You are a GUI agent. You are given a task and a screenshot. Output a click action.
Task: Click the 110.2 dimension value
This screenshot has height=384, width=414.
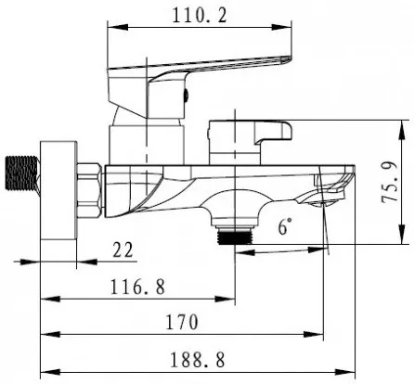(200, 16)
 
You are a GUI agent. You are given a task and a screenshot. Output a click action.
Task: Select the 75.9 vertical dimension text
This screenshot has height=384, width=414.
(389, 182)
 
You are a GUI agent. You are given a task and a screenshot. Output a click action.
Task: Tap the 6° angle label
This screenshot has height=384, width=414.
(285, 226)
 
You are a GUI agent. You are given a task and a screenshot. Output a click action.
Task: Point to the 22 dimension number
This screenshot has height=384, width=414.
(123, 250)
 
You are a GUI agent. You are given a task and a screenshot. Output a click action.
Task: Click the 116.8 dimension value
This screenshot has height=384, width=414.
(137, 287)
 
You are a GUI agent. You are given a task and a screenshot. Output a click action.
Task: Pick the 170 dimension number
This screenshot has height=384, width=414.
(182, 322)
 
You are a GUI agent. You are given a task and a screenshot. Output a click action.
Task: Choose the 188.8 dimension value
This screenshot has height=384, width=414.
(198, 360)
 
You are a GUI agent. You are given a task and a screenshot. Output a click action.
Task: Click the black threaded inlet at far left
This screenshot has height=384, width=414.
(22, 173)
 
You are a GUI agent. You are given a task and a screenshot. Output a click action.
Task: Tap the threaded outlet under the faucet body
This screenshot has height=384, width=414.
(235, 237)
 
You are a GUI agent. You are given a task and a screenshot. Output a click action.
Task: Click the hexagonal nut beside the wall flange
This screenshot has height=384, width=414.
(89, 190)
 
